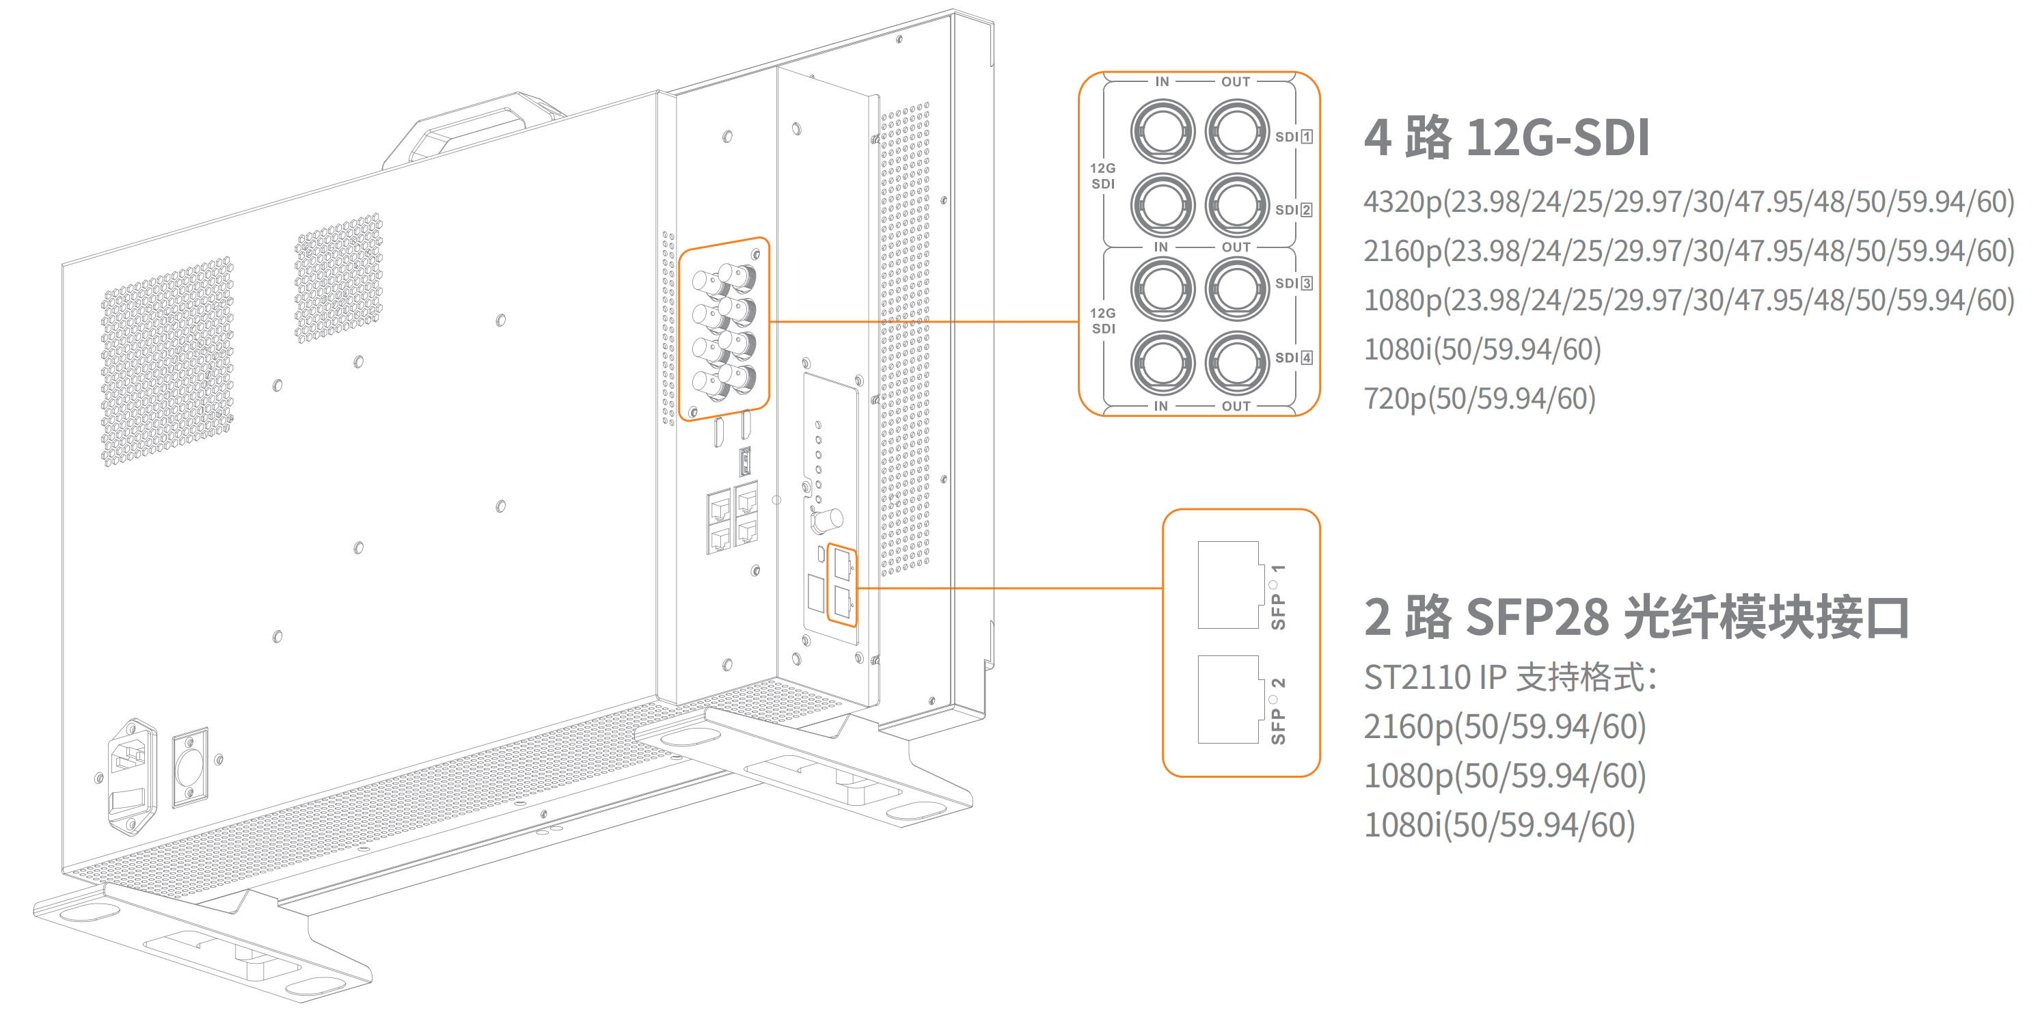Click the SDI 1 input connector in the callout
(x=1162, y=132)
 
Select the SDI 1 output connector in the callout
(x=1236, y=132)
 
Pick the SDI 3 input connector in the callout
(x=1162, y=289)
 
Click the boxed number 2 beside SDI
(x=1306, y=210)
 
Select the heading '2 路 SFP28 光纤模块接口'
(x=1636, y=618)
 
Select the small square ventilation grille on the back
(x=338, y=277)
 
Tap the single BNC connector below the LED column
(x=827, y=521)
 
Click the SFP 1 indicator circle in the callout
(x=1273, y=585)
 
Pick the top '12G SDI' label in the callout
(x=1102, y=176)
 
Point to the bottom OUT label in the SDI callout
(x=1236, y=406)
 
